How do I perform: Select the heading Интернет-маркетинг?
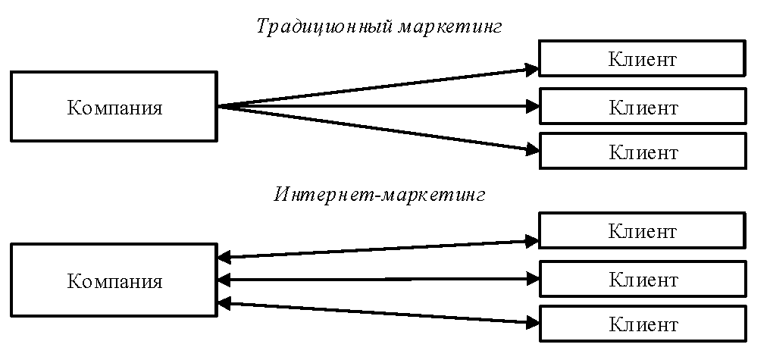tap(379, 194)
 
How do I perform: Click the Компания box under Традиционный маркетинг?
tap(114, 107)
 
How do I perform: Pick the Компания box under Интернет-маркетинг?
tap(114, 280)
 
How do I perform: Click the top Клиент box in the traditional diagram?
tap(642, 59)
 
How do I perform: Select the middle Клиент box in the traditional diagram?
tap(642, 107)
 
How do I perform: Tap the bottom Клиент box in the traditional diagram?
tap(642, 152)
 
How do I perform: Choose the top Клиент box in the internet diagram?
tap(642, 230)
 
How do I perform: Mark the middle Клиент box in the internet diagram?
tap(642, 278)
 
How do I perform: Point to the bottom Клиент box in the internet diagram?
tap(642, 324)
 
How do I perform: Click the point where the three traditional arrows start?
tap(219, 107)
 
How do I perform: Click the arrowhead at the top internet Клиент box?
tap(532, 242)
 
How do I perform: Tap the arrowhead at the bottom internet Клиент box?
tap(532, 322)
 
